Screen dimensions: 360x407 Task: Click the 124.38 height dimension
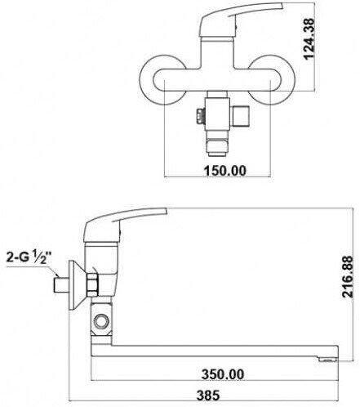[309, 38]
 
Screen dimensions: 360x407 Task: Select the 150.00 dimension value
[224, 171]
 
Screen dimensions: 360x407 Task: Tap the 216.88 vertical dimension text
[348, 276]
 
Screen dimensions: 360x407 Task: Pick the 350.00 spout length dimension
[223, 374]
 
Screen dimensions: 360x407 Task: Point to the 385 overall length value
[208, 395]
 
